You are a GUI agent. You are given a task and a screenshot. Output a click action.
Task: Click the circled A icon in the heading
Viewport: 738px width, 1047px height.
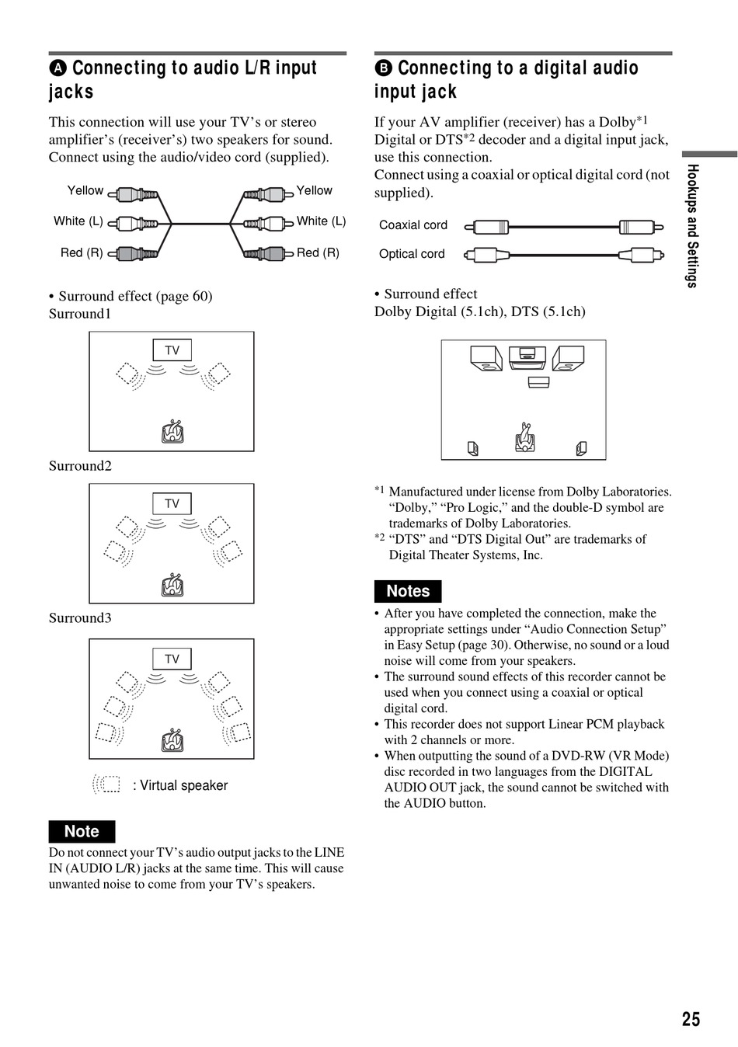pos(58,68)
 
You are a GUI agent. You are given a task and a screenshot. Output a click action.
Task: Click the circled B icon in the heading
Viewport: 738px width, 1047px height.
pos(383,68)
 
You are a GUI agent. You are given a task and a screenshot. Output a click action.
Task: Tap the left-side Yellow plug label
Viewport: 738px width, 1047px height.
pos(85,190)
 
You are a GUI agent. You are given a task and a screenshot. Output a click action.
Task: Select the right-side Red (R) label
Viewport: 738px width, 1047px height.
pos(318,252)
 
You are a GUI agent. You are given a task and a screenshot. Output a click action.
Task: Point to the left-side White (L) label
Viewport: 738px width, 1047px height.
pos(78,221)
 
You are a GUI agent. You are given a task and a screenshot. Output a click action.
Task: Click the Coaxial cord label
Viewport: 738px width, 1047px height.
pos(413,224)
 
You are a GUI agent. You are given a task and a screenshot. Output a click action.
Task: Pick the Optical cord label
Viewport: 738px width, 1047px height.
pos(411,254)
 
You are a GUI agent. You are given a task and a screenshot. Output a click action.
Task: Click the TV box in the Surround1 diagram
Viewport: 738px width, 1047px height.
pos(172,350)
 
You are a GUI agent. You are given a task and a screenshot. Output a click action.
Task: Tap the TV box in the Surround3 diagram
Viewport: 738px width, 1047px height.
pos(172,659)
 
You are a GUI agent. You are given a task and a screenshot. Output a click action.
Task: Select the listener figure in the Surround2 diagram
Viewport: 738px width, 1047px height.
pos(172,585)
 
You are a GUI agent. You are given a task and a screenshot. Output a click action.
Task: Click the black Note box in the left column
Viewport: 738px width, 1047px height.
pos(82,832)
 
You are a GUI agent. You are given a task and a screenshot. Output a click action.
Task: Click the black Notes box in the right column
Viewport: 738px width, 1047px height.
pos(408,591)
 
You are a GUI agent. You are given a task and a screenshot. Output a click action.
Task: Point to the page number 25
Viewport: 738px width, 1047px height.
pos(691,1019)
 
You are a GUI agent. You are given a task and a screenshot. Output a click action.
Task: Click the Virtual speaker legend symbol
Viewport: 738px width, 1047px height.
pos(106,784)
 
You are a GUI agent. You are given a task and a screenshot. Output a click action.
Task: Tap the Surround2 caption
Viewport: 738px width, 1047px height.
pos(80,465)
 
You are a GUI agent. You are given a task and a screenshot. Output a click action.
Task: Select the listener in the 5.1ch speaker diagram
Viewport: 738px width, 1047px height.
pos(525,437)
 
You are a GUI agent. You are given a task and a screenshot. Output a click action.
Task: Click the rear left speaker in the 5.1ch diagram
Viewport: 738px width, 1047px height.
pos(472,449)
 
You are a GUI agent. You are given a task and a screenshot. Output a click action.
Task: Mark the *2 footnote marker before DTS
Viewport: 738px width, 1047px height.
pos(380,537)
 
